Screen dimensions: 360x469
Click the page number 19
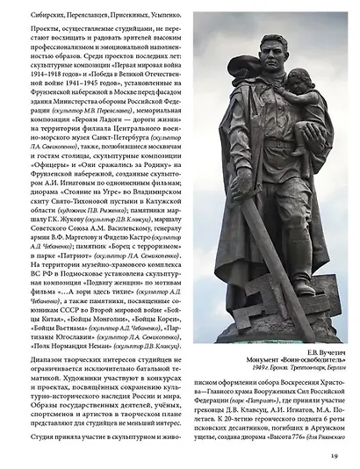[334, 454]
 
